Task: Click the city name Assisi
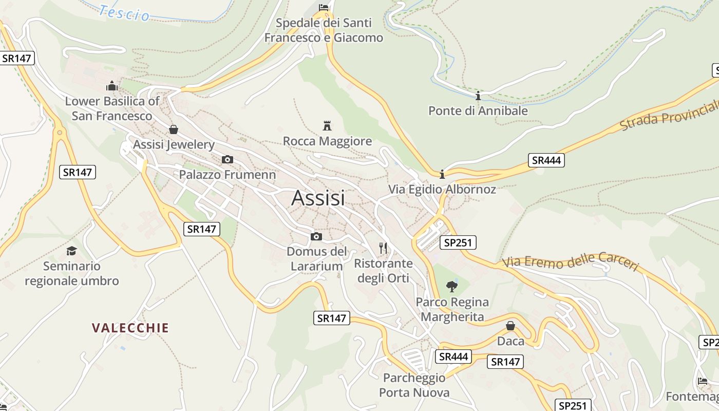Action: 318,198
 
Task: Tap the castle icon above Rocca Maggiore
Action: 327,125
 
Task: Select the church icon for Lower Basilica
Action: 111,86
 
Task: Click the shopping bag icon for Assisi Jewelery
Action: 174,129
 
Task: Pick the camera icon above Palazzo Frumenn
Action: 227,160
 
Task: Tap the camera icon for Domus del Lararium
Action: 316,236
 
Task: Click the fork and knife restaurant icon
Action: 383,248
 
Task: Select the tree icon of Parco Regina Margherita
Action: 452,286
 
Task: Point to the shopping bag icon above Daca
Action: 510,326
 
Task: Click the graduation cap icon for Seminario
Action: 71,251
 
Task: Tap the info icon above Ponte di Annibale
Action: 478,96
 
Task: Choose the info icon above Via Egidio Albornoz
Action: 442,174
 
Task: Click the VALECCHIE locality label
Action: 130,328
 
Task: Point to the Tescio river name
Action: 125,13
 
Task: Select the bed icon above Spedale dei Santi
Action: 324,7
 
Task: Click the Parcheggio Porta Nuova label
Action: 414,385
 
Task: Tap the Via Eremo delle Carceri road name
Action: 570,261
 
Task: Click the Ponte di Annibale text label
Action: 478,110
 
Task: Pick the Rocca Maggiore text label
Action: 327,141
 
